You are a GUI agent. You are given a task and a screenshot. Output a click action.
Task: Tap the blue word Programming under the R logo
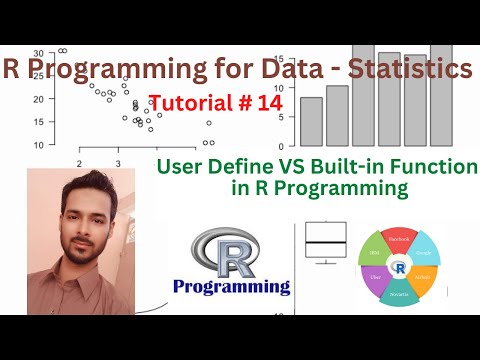pyautogui.click(x=231, y=287)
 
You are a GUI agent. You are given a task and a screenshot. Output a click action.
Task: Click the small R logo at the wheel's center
pyautogui.click(x=400, y=267)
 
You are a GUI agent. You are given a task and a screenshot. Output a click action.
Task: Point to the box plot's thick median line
pyautogui.click(x=325, y=243)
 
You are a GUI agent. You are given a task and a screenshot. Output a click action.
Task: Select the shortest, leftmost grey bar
pyautogui.click(x=311, y=121)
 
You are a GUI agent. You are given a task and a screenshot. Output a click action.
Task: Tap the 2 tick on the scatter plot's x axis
pyautogui.click(x=78, y=162)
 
